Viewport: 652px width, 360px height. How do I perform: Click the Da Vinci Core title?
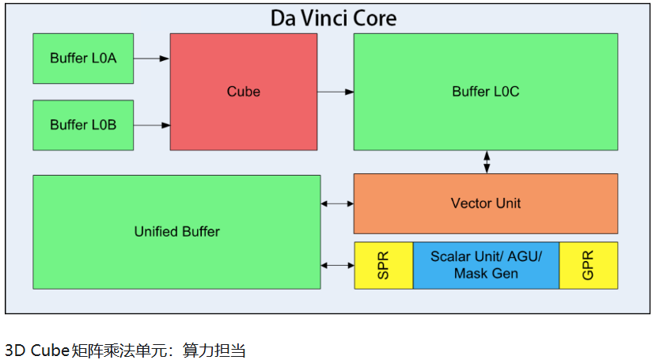[x=333, y=17]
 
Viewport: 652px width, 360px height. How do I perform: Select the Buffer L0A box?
[x=83, y=58]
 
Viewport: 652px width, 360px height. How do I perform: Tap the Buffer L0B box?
[x=83, y=125]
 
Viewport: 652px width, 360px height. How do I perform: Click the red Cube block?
[x=243, y=91]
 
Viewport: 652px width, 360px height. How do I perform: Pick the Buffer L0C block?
[x=485, y=91]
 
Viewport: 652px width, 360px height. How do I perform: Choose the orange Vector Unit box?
[x=485, y=203]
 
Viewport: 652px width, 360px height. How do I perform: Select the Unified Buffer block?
[x=176, y=232]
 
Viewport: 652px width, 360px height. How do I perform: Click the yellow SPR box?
[x=383, y=265]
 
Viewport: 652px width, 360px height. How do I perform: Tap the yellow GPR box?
[x=588, y=265]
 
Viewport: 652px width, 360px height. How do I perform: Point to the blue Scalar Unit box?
[x=486, y=265]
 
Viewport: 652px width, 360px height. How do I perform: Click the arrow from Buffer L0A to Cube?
[x=152, y=58]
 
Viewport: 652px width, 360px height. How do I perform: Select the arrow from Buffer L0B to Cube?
[x=152, y=125]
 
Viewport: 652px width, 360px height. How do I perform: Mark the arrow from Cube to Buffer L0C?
[x=335, y=92]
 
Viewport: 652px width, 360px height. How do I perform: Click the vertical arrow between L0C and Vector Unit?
[x=487, y=162]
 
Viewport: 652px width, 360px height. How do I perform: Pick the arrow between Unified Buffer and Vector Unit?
[x=337, y=204]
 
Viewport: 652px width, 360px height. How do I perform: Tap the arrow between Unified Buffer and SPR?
[x=337, y=264]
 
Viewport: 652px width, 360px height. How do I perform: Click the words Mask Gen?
[x=486, y=274]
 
